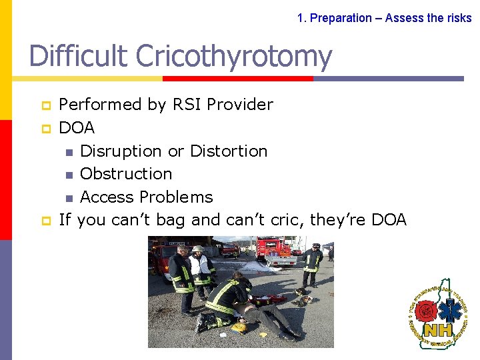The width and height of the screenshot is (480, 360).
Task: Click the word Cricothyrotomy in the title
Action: [x=233, y=57]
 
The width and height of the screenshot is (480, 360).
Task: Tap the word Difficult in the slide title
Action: [x=79, y=57]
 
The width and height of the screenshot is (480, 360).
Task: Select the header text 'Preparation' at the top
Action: [x=341, y=18]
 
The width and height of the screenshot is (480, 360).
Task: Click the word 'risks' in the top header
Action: [x=459, y=18]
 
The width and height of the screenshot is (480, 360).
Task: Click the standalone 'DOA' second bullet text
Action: [x=77, y=127]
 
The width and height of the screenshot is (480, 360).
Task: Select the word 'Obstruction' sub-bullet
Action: [x=126, y=174]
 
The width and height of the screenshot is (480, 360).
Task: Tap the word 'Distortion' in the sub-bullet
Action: [x=229, y=151]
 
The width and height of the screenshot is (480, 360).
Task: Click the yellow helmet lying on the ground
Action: [x=239, y=327]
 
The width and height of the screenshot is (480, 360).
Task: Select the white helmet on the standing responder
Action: [x=198, y=249]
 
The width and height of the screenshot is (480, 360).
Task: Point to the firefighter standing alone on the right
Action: [x=311, y=265]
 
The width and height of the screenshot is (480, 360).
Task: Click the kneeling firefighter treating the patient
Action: [x=227, y=300]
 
